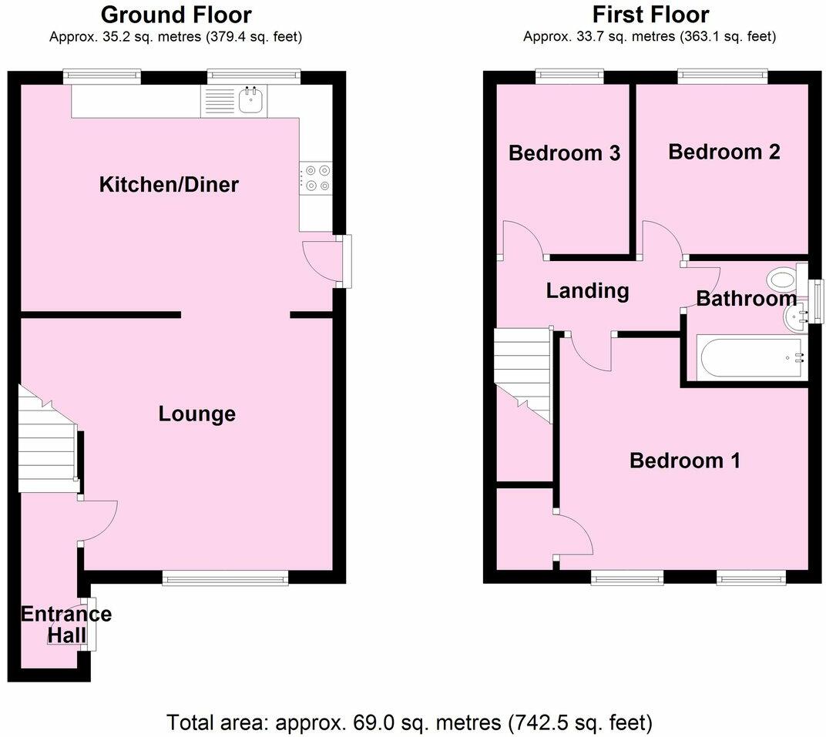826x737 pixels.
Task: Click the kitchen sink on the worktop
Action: click(251, 101)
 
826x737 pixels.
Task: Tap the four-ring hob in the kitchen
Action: click(316, 178)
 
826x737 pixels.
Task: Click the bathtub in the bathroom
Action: click(752, 357)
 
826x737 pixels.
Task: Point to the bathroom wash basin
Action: click(794, 315)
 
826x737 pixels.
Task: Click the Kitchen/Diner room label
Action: click(169, 185)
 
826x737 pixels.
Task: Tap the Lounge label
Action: click(196, 414)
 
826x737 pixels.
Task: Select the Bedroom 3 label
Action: click(564, 153)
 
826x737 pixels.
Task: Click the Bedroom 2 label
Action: click(724, 152)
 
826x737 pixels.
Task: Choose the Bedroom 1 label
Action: click(684, 461)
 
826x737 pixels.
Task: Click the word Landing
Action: click(587, 291)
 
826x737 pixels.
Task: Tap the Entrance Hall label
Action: click(65, 625)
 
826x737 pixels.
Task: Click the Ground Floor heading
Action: click(176, 14)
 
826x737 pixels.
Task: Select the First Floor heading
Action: click(650, 14)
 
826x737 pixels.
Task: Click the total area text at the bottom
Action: click(410, 722)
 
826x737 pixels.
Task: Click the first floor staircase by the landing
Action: click(522, 370)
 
